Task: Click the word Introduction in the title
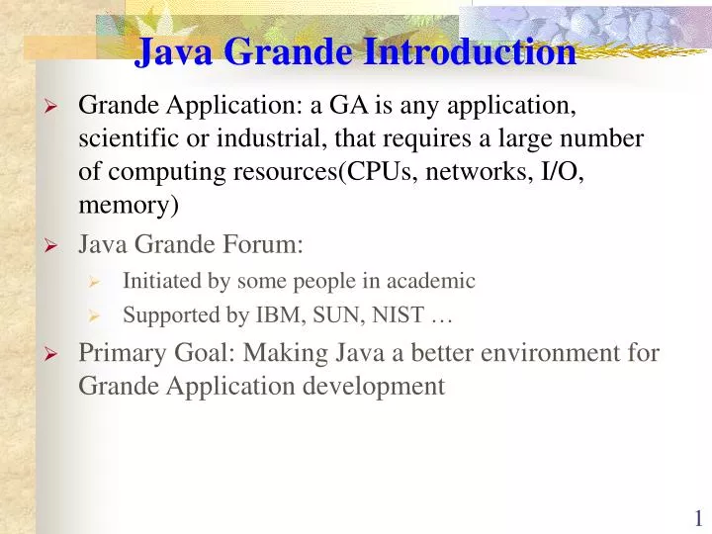[470, 51]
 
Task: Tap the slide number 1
[698, 517]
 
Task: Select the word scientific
[125, 138]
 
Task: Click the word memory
[126, 206]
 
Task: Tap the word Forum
[267, 244]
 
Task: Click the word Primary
[117, 352]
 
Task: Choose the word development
[382, 386]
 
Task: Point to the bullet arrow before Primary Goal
[53, 354]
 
